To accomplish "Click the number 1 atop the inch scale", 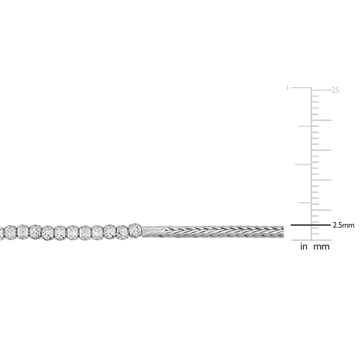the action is click(x=287, y=88).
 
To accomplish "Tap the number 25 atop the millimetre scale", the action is click(x=335, y=90).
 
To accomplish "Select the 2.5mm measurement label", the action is click(x=344, y=225).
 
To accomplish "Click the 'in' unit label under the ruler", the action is click(x=304, y=247).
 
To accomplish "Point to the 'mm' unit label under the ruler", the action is click(x=321, y=247).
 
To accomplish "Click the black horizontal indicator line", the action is click(x=310, y=225).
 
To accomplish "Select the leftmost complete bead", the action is click(x=10, y=232).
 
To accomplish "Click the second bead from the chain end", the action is click(x=122, y=232).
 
